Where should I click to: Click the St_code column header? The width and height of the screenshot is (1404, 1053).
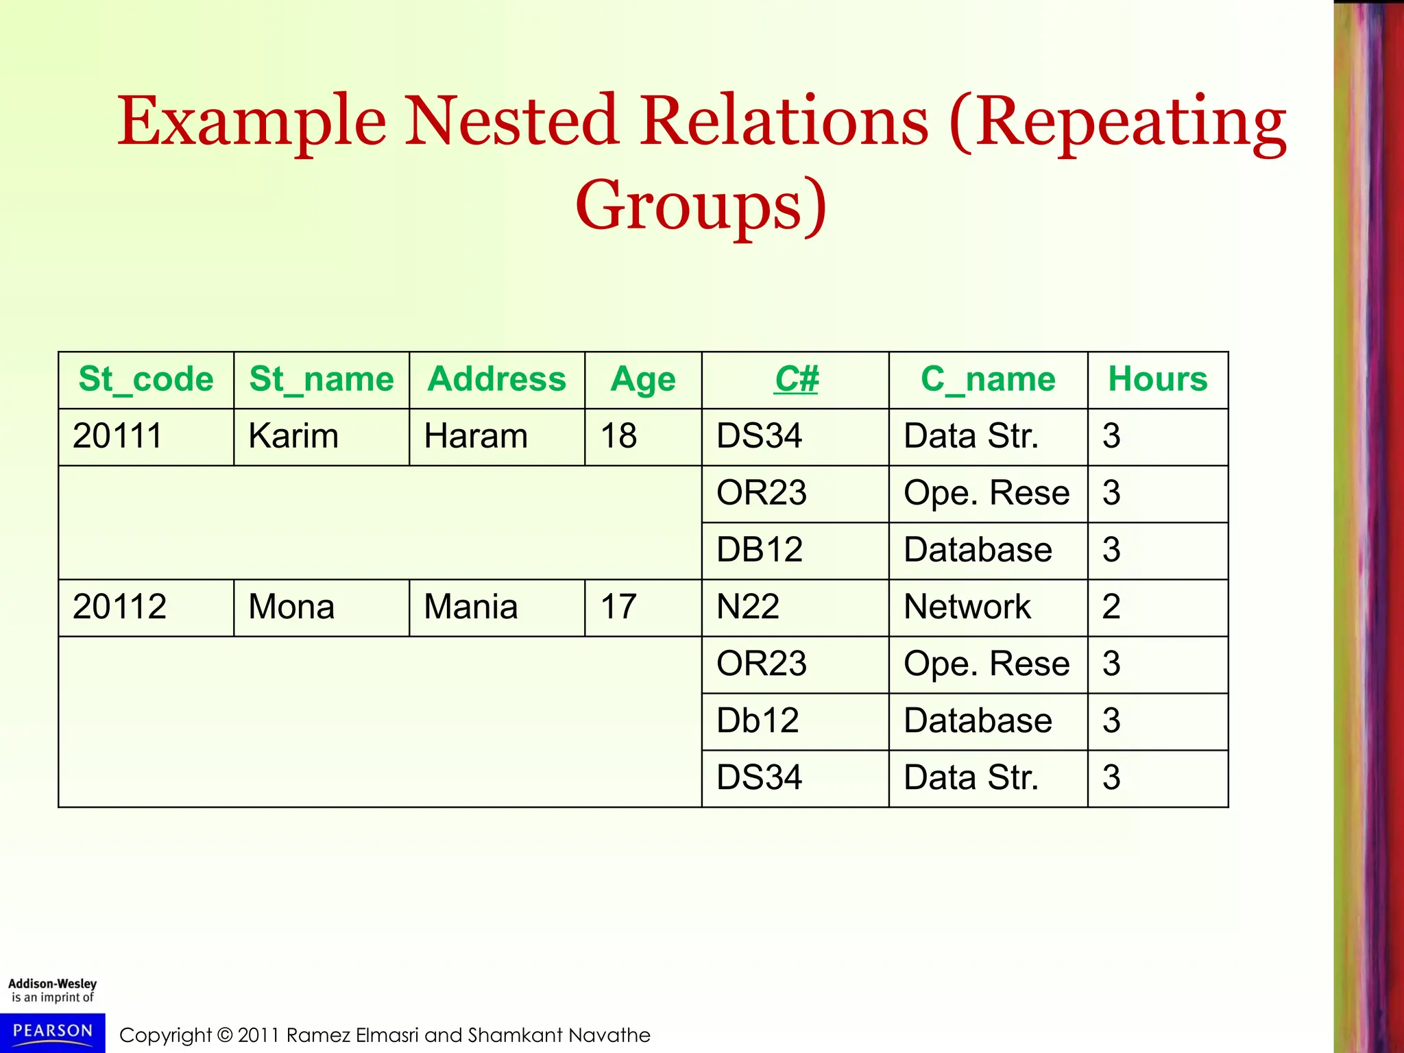coord(146,379)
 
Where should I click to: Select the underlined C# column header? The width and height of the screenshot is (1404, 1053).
coord(796,379)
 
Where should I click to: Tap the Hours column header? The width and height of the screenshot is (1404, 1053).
coord(1157,379)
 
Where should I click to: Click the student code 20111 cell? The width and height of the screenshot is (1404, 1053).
coord(117,436)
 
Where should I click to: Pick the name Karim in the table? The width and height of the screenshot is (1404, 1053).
coord(293,436)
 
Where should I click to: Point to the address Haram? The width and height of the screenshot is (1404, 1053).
coord(476,436)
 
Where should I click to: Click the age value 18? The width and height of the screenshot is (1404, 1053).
coord(618,436)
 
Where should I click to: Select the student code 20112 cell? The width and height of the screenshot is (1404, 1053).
coord(119,607)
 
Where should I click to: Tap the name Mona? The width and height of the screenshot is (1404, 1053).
coord(291,607)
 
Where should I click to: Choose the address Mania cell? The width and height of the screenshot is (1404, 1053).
coord(470,607)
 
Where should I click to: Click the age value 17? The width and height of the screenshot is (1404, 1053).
coord(618,607)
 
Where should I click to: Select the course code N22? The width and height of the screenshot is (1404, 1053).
coord(747,607)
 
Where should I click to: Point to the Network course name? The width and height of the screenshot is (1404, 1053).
coord(967,607)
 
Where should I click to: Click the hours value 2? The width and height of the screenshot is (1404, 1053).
coord(1111,607)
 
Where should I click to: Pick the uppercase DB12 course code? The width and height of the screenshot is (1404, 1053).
coord(759,550)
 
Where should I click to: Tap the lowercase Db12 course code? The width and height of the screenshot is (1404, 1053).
coord(758,721)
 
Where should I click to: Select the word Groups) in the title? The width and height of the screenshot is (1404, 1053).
coord(701,206)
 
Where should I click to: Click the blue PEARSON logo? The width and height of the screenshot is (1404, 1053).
coord(53,1032)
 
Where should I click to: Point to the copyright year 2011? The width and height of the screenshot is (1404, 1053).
coord(258,1035)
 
